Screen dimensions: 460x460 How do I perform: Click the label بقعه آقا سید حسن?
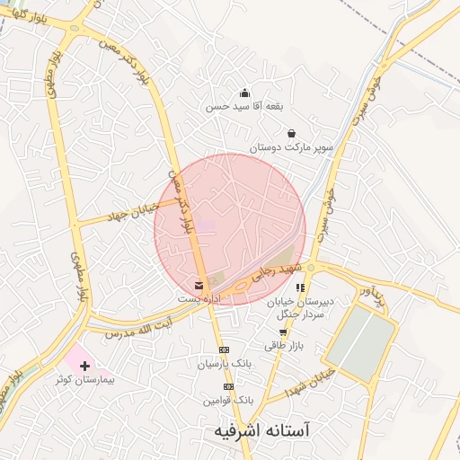[x=244, y=105]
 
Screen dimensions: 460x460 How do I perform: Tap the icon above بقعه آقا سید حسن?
[x=244, y=93]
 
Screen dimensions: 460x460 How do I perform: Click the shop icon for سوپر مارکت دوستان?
[x=292, y=133]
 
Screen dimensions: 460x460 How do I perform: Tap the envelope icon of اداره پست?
[x=199, y=286]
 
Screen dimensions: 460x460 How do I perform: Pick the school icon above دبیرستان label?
[x=300, y=288]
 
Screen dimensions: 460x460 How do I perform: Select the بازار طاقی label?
[x=285, y=344]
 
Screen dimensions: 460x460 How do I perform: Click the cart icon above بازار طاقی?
[x=284, y=332]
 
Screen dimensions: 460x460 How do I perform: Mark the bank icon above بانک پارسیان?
[x=225, y=349]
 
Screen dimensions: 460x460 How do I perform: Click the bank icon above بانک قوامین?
[x=228, y=386]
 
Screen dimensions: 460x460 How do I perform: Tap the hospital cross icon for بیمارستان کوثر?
[x=84, y=366]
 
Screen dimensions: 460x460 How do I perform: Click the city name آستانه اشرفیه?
[x=261, y=431]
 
